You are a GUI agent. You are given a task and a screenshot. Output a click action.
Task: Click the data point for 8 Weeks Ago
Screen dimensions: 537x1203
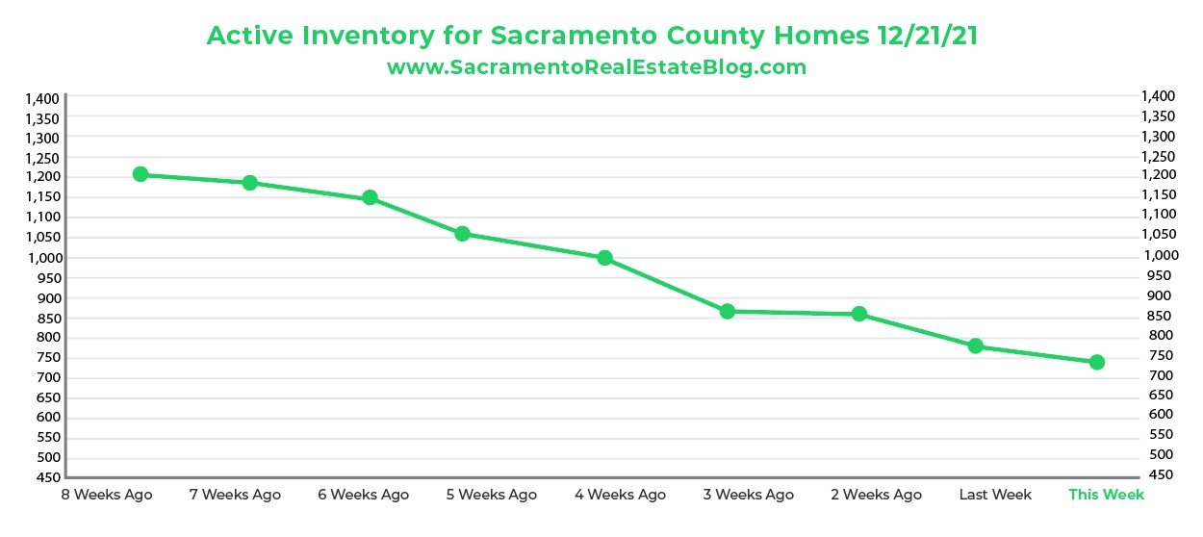(x=141, y=174)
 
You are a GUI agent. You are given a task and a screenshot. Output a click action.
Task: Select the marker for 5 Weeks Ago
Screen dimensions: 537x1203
(x=462, y=234)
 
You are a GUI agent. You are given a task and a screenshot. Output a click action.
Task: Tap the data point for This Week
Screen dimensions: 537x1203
(x=1096, y=362)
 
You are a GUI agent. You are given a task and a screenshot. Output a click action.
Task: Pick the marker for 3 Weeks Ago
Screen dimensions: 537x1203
(x=728, y=311)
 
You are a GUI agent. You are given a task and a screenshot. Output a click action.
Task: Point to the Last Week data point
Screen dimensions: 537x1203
(x=975, y=345)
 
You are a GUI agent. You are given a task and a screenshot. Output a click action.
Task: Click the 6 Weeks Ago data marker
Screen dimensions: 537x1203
(x=370, y=198)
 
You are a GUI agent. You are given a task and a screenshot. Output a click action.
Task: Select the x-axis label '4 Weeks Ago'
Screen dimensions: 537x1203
(x=620, y=495)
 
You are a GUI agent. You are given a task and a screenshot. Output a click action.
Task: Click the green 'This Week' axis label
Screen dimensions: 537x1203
(x=1106, y=495)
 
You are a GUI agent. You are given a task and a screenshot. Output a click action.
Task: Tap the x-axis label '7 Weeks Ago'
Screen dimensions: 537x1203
(x=236, y=495)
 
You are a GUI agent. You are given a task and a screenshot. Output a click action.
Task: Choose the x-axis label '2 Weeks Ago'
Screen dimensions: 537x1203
(x=876, y=495)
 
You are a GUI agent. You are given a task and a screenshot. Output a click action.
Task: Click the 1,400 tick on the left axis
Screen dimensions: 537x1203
(x=42, y=98)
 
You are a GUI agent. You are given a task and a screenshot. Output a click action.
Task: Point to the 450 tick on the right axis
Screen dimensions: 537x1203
(x=1160, y=474)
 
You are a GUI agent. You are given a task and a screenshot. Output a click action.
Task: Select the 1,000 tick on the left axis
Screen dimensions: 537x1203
(x=42, y=258)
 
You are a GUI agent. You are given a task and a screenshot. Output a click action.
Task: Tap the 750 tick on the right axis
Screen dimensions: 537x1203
(x=1160, y=355)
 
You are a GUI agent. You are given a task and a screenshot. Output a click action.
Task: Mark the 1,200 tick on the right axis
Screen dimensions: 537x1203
(x=1158, y=175)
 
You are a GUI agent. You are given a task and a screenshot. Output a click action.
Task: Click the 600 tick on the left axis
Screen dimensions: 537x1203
(x=46, y=418)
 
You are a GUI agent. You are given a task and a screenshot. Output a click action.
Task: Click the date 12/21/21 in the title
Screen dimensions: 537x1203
(x=931, y=36)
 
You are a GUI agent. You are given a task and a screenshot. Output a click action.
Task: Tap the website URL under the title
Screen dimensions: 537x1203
(x=596, y=67)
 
